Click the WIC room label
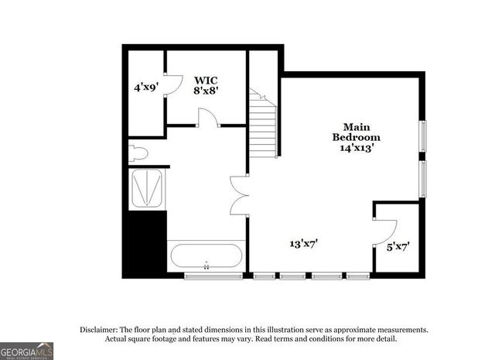(206, 80)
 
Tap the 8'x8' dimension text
(206, 90)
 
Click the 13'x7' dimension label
(304, 243)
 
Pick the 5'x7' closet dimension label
(398, 247)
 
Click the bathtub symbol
(207, 256)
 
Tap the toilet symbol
(138, 152)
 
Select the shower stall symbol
(146, 188)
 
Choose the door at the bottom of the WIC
(207, 118)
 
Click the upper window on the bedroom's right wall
(422, 136)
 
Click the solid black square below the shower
(145, 242)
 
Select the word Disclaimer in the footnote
(104, 330)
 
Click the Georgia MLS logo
(26, 351)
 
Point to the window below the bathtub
(213, 276)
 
